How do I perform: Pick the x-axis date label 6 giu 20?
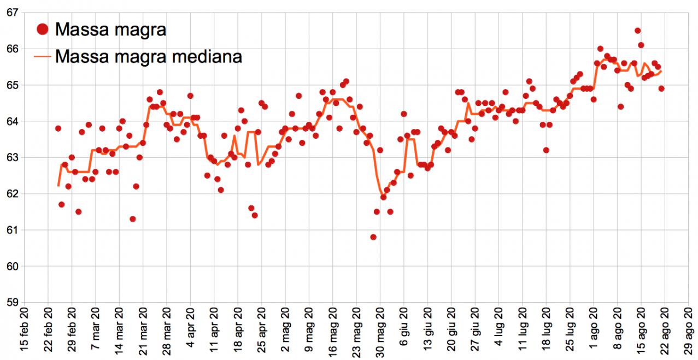pyautogui.click(x=404, y=334)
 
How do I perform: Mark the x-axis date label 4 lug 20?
pyautogui.click(x=498, y=334)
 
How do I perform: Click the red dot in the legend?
pyautogui.click(x=42, y=29)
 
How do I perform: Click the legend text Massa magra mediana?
pyautogui.click(x=148, y=56)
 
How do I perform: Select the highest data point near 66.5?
pyautogui.click(x=637, y=31)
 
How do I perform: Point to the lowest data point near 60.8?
pyautogui.click(x=373, y=237)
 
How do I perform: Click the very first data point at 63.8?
pyautogui.click(x=58, y=128)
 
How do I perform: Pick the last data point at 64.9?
pyautogui.click(x=661, y=88)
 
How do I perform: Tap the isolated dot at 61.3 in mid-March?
pyautogui.click(x=133, y=219)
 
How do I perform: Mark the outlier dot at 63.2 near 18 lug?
pyautogui.click(x=546, y=150)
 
